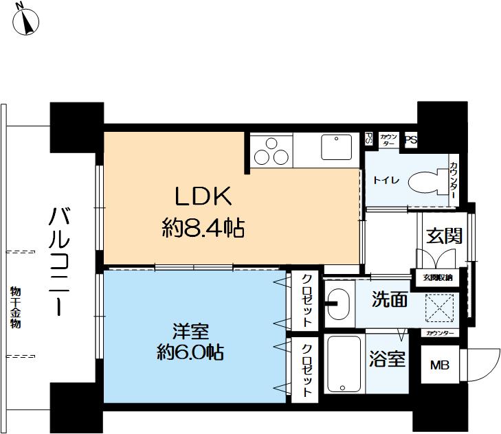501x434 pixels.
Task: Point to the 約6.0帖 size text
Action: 188,354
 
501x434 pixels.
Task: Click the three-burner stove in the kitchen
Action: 271,151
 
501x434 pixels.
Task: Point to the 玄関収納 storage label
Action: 437,277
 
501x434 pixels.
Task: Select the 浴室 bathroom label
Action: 388,359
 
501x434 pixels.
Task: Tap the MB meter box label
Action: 439,365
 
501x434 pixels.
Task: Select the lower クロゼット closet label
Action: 307,369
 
